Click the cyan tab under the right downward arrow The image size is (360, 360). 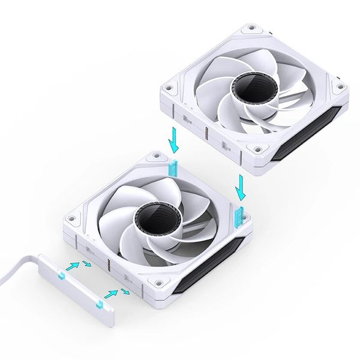point(241,212)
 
